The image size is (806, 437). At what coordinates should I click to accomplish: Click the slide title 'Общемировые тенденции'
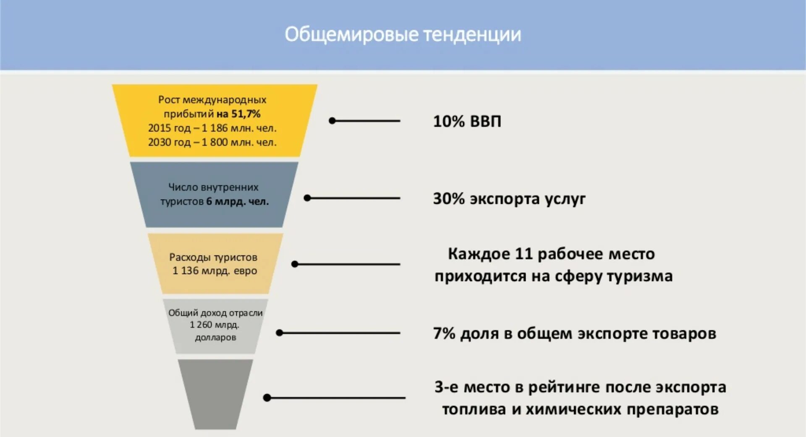click(x=403, y=34)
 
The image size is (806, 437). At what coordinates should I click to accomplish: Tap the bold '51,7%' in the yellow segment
click(x=246, y=114)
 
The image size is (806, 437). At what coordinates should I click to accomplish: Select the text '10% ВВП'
click(x=467, y=121)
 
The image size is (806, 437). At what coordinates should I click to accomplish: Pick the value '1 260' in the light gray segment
click(x=201, y=325)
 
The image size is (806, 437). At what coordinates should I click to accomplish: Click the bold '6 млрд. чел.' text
click(x=237, y=202)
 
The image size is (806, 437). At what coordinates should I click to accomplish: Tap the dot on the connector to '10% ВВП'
click(x=332, y=121)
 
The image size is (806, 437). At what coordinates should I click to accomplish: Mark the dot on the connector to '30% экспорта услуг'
click(x=307, y=198)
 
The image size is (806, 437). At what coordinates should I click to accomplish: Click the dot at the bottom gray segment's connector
click(x=267, y=398)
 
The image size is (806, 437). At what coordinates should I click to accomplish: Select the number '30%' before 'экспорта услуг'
click(x=449, y=199)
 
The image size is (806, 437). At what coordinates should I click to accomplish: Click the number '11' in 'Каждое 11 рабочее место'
click(x=523, y=254)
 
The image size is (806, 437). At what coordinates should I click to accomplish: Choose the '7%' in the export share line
click(x=444, y=334)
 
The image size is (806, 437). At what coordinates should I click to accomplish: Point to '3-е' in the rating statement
click(x=447, y=387)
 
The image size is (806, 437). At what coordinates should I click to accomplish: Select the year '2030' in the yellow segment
click(x=159, y=142)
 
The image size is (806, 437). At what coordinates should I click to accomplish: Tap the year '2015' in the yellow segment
click(x=159, y=128)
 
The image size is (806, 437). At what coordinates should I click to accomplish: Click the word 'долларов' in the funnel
click(x=215, y=337)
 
